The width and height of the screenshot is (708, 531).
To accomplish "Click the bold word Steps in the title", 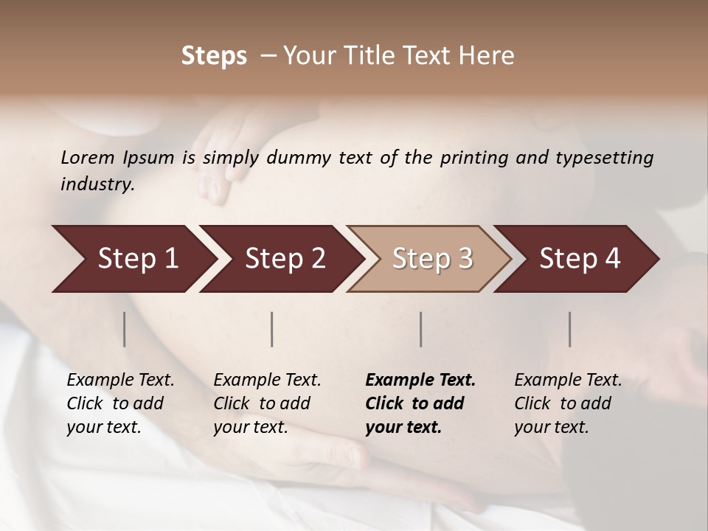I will tap(214, 56).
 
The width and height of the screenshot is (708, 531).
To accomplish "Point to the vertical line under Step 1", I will tap(125, 329).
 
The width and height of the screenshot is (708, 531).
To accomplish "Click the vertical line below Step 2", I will tap(272, 329).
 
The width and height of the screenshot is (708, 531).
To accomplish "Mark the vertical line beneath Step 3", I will tap(421, 329).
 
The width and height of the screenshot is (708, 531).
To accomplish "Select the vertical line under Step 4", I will tap(570, 329).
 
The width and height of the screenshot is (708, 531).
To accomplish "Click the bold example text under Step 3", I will tap(420, 403).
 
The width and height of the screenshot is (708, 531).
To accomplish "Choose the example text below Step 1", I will tap(120, 403).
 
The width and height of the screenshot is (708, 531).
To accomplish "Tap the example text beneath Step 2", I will tap(267, 403).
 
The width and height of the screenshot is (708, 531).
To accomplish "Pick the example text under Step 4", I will tap(568, 403).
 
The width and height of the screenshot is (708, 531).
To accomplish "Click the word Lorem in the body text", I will tap(88, 157).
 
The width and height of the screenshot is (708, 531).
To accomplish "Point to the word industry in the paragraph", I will tap(97, 184).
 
